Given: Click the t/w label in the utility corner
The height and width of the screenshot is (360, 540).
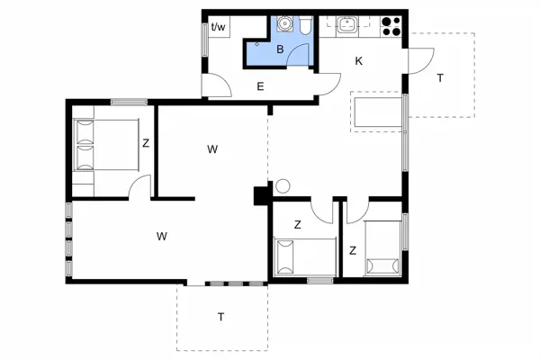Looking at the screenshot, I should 218,27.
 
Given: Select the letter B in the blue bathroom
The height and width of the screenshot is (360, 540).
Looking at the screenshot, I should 280,49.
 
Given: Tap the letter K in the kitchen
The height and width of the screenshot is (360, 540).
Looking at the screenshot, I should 358,61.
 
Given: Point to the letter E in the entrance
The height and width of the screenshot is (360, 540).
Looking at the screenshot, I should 260,86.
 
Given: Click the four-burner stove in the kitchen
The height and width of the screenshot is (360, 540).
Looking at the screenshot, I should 391,26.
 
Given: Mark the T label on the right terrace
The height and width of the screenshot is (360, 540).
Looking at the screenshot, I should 440,78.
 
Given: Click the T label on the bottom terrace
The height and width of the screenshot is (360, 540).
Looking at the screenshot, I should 220,316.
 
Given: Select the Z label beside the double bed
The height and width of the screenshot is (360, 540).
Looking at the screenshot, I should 145,142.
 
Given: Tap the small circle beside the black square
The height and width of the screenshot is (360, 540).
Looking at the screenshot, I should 282,187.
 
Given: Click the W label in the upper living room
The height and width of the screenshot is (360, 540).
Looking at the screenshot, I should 212,148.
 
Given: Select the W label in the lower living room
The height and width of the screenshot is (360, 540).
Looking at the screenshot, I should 162,237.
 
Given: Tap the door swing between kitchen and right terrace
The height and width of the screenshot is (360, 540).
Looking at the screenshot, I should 419,61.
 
